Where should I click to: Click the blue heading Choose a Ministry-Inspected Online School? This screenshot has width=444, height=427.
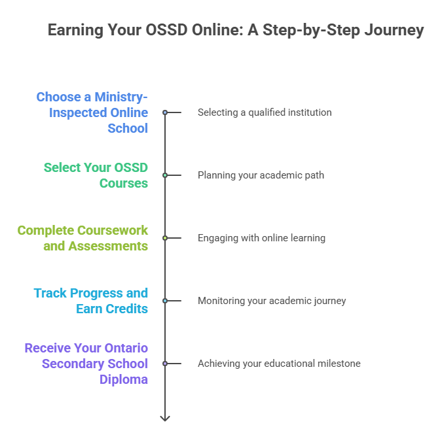pyautogui.click(x=92, y=112)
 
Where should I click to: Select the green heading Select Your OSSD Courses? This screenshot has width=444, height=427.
pyautogui.click(x=96, y=175)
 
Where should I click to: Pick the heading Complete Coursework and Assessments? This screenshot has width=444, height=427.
pyautogui.click(x=83, y=238)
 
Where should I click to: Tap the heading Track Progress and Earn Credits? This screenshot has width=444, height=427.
pyautogui.click(x=91, y=301)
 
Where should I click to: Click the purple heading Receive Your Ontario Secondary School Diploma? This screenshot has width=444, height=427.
pyautogui.click(x=86, y=364)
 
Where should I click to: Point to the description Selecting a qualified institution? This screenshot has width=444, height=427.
pyautogui.click(x=265, y=112)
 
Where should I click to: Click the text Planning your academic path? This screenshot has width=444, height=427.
pyautogui.click(x=261, y=175)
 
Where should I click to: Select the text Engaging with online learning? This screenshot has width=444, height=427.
pyautogui.click(x=261, y=238)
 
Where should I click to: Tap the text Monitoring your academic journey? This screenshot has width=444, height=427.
pyautogui.click(x=272, y=301)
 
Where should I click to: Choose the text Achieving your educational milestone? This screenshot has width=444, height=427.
pyautogui.click(x=279, y=364)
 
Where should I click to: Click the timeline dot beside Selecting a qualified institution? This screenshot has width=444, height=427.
pyautogui.click(x=165, y=112)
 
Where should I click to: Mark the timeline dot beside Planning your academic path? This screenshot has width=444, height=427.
pyautogui.click(x=165, y=175)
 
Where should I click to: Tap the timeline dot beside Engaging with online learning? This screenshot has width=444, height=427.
pyautogui.click(x=165, y=238)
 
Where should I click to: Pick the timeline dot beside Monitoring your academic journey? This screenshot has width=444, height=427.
pyautogui.click(x=165, y=301)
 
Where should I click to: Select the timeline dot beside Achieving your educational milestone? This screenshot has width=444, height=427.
pyautogui.click(x=165, y=364)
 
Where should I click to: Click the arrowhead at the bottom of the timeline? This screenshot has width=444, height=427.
pyautogui.click(x=165, y=418)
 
